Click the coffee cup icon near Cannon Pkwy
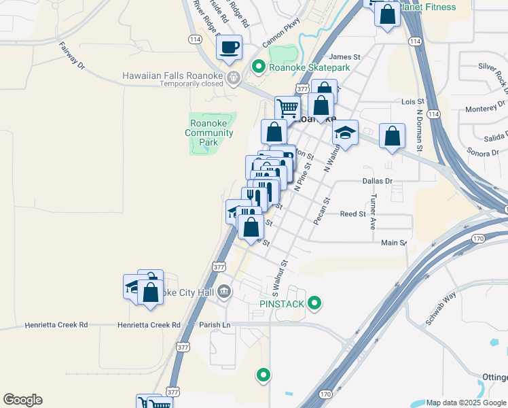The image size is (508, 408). [229, 47]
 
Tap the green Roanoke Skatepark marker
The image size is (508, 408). [257, 67]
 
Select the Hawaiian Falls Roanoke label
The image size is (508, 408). [173, 75]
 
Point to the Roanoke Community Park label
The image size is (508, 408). [212, 133]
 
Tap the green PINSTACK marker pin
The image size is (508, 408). [314, 303]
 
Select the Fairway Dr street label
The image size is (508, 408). [71, 56]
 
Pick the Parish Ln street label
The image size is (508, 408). [215, 325]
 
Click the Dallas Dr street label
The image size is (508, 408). [378, 182]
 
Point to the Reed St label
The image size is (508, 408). [353, 214]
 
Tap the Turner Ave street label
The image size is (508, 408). [373, 211]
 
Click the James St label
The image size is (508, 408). [344, 58]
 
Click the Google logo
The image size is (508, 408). [22, 400]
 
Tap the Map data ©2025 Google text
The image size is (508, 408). [465, 403]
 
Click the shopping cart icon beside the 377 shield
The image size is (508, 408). [288, 108]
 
